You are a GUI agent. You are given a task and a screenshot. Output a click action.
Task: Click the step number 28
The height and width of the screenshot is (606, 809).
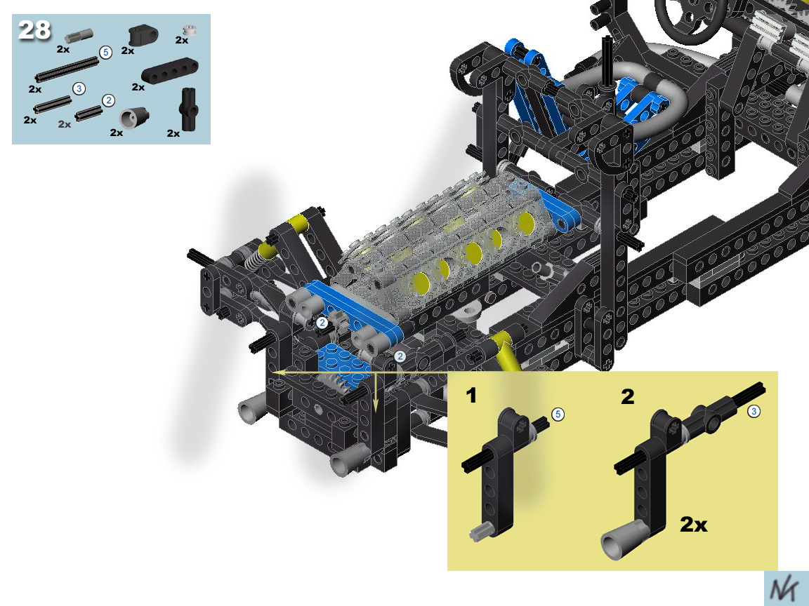(x=34, y=30)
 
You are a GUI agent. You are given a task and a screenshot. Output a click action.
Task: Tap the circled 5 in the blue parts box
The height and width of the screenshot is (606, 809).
(x=106, y=53)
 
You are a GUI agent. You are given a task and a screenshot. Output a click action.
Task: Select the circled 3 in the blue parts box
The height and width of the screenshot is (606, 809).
(x=79, y=88)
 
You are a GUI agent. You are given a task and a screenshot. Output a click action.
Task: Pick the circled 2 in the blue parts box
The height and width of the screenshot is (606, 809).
(x=108, y=100)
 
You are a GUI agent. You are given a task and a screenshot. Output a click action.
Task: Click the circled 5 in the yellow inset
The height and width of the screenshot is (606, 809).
(x=558, y=415)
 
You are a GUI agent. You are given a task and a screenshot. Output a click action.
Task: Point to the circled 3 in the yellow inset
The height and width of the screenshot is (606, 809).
(x=754, y=411)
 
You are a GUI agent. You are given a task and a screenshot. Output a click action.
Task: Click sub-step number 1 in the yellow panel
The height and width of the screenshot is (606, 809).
(x=471, y=396)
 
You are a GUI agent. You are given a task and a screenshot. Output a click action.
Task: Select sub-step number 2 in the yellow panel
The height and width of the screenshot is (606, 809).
(x=627, y=397)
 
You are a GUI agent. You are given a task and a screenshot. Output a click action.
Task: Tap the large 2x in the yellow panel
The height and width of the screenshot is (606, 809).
(x=693, y=525)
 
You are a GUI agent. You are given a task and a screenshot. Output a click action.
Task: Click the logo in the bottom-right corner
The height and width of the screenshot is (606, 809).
(x=787, y=588)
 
